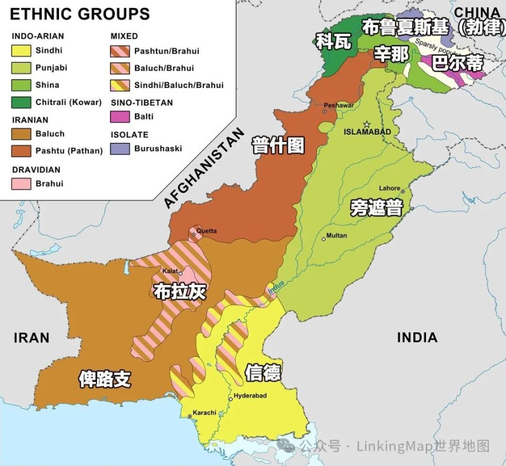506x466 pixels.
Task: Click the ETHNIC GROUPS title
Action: click(80, 14)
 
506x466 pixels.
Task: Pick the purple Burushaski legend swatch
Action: click(120, 149)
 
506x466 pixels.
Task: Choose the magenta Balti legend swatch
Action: click(120, 116)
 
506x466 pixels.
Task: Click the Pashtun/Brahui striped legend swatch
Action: click(120, 51)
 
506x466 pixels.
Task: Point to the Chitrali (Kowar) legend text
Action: click(69, 102)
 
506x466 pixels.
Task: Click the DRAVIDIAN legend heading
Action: click(36, 170)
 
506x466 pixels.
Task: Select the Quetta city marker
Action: click(194, 234)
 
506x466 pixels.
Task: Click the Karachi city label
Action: click(204, 412)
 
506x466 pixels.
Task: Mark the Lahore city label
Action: click(390, 188)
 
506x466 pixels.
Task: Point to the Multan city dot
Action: click(324, 239)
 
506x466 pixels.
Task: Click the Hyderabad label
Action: click(250, 395)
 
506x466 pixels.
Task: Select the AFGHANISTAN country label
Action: click(205, 168)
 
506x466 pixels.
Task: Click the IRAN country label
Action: click(32, 338)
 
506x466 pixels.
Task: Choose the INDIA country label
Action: click(417, 337)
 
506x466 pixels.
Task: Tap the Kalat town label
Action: click(170, 270)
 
